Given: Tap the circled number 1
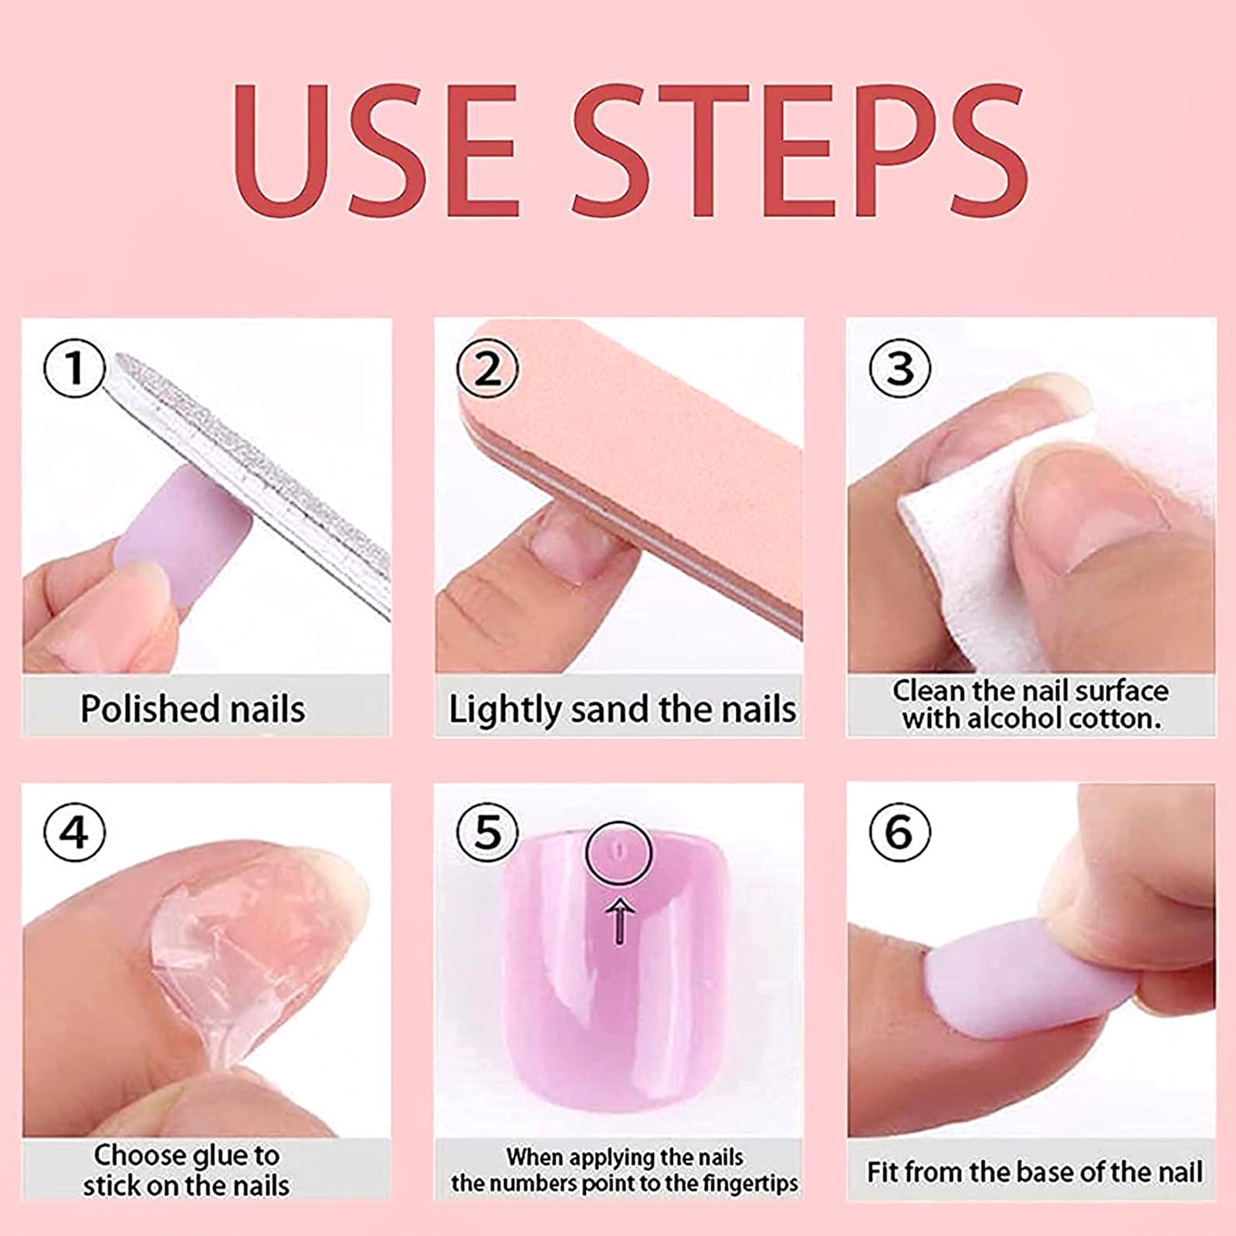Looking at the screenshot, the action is [x=74, y=368].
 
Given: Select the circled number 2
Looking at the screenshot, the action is [x=487, y=368].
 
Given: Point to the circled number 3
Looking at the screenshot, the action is [x=900, y=368].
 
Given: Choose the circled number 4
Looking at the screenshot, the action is [x=74, y=833].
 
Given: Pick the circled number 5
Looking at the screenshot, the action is [x=487, y=833].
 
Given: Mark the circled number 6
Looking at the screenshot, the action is [x=900, y=833].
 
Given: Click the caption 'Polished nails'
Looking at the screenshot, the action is [x=193, y=709].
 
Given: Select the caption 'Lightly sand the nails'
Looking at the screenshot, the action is [x=622, y=709].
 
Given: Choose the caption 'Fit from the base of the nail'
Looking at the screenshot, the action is [x=1035, y=1172].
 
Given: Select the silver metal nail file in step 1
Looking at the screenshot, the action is [x=247, y=479].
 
